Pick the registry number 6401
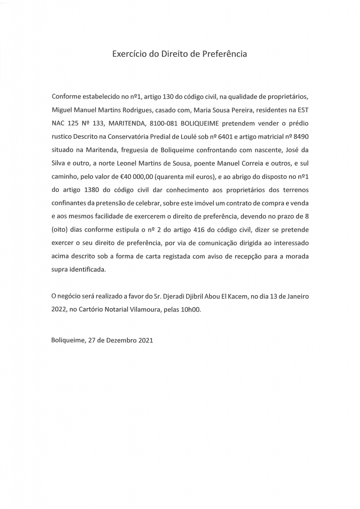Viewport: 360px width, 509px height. [x=228, y=136]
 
